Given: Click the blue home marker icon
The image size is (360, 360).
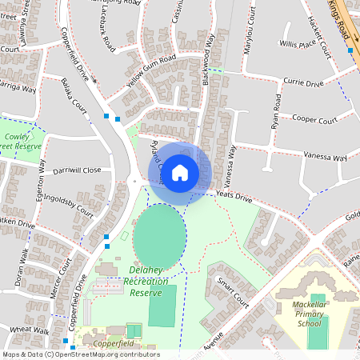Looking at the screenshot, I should pos(180,173).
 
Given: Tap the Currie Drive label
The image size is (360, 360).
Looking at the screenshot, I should pos(303,82).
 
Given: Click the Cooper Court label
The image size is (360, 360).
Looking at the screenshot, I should pos(315,119).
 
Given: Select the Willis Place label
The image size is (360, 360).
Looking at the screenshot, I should pos(298,45).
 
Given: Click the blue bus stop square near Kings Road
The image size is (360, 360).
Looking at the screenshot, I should pos(350,50).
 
